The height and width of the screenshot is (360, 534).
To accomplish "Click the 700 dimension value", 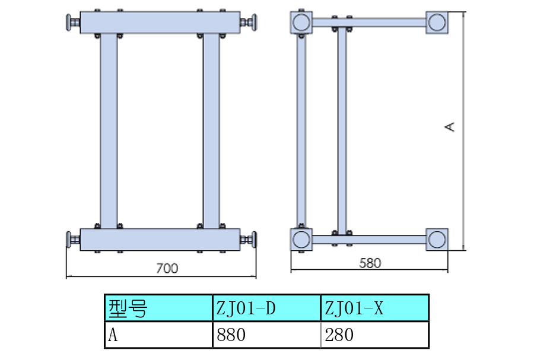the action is (x=167, y=268).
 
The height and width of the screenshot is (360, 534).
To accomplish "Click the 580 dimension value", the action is (x=370, y=263).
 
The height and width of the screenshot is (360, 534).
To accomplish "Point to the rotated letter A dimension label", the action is (x=450, y=127).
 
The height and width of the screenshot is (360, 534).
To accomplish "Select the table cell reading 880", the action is (x=266, y=334).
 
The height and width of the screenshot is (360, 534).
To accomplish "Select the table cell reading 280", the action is (x=374, y=334).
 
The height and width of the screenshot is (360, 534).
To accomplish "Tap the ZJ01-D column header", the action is (x=266, y=308).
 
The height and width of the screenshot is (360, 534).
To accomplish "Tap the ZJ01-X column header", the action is (x=374, y=308).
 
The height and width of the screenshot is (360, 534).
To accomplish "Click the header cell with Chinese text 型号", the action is (x=158, y=308).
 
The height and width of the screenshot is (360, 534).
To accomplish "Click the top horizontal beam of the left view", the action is (x=160, y=23).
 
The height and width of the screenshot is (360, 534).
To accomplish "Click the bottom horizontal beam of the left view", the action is (x=160, y=240).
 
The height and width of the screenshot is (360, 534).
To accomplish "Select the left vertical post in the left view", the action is (x=109, y=131).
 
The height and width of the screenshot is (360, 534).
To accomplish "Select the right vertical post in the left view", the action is (x=211, y=131).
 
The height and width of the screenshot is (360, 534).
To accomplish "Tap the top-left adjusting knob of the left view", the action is (x=73, y=23).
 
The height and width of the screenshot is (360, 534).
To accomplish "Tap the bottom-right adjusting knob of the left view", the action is (x=249, y=240).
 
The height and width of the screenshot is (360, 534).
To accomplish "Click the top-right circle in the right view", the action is (x=437, y=23).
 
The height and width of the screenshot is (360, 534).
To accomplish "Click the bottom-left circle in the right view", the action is (x=301, y=240).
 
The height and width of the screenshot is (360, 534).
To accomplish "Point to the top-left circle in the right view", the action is (x=301, y=23).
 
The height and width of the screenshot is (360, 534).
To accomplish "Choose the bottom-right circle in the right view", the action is (x=437, y=240).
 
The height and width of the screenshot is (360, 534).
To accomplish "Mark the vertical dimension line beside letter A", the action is (x=463, y=131).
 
